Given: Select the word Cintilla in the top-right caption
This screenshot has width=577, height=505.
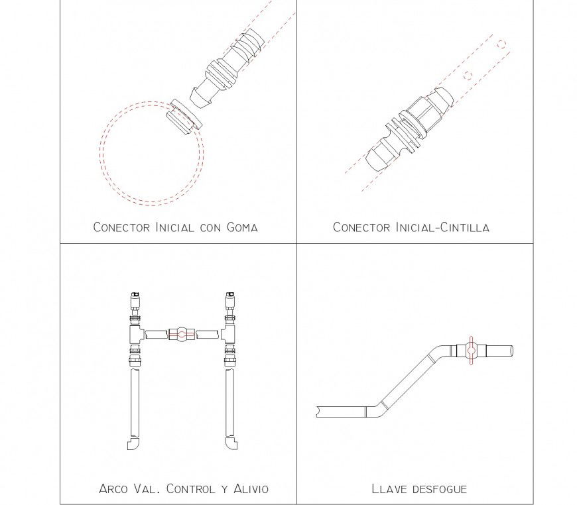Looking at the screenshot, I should click(461, 227).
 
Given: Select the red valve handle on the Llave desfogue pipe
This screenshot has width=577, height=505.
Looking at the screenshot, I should click(470, 349).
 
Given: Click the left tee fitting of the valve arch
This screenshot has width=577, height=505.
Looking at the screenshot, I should click(135, 333).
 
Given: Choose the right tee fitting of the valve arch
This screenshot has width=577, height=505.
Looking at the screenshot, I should click(229, 333).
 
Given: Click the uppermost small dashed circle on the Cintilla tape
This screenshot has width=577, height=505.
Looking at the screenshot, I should click(502, 44).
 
